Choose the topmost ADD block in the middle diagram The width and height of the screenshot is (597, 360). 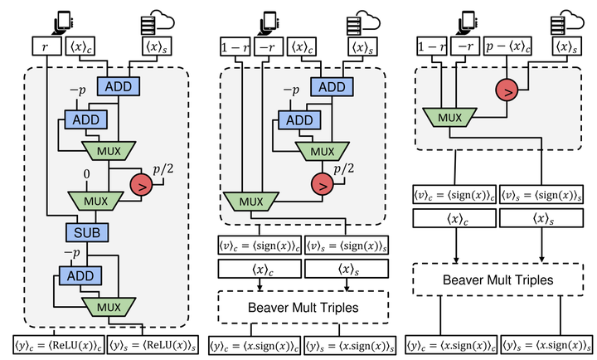click(332, 87)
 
